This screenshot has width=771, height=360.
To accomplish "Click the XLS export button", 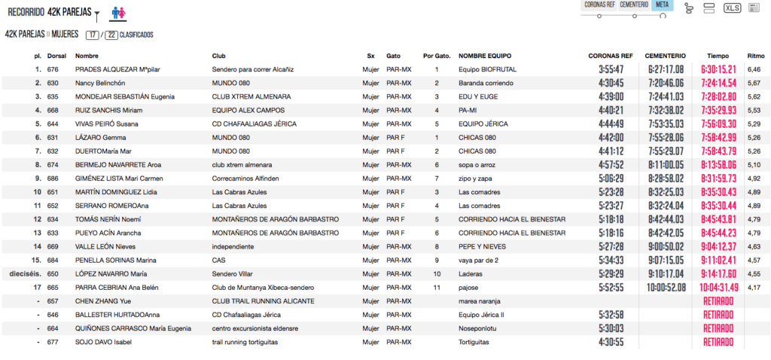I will click(732, 8).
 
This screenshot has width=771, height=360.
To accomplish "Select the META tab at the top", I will click(662, 5).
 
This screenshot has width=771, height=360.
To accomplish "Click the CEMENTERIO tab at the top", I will click(635, 5).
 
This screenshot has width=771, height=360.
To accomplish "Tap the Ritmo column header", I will click(755, 56).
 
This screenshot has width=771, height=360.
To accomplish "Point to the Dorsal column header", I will click(56, 56).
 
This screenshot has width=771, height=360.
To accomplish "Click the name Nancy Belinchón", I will click(100, 83).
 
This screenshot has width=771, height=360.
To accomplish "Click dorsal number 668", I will click(53, 110).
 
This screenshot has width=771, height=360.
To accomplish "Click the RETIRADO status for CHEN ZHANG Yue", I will click(718, 301).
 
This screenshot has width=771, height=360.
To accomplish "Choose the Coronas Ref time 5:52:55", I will click(611, 287).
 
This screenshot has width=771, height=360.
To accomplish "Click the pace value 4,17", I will click(754, 287).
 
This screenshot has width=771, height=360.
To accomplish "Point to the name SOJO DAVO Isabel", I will click(103, 341).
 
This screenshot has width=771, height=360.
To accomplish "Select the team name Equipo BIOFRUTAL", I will click(484, 69).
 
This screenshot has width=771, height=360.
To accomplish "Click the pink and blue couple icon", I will click(119, 13).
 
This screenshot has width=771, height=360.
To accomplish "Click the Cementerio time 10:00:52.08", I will click(665, 287).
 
